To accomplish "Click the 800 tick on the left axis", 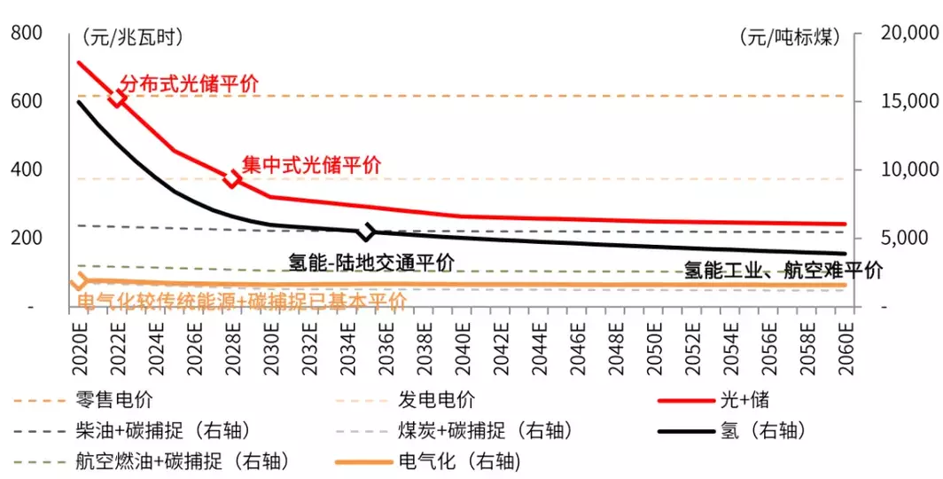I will click(26, 34).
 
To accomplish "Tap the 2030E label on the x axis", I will click(270, 339).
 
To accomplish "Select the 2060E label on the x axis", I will click(846, 339).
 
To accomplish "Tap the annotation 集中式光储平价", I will click(311, 164).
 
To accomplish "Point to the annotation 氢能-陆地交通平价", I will click(371, 263).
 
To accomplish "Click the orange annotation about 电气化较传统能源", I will click(241, 301).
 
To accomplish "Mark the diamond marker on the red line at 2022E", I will click(120, 98).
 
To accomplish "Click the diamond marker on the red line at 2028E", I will click(232, 179).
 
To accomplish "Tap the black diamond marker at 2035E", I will click(366, 232).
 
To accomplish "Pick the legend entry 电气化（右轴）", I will click(458, 461).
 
